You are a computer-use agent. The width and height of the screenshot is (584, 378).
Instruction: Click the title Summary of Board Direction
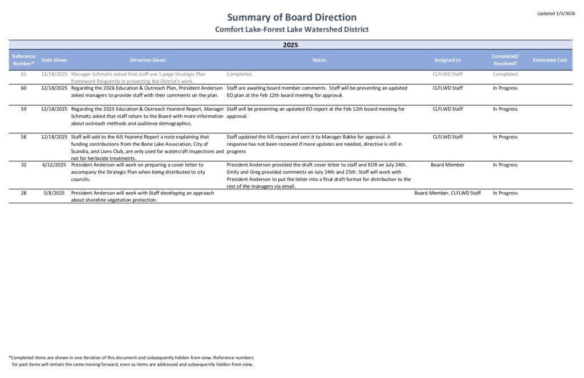click(291, 17)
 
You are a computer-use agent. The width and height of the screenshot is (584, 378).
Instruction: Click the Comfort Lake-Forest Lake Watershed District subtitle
click(291, 29)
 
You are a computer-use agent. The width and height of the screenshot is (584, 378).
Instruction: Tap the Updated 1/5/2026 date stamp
click(556, 13)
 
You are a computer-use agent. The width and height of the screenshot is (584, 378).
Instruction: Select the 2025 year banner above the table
click(291, 44)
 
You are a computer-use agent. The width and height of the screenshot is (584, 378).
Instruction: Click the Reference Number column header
click(23, 60)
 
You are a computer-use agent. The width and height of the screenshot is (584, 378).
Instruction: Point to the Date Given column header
click(54, 60)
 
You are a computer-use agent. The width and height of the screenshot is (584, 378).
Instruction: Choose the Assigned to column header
click(448, 60)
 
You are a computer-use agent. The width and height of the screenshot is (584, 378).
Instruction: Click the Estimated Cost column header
click(550, 60)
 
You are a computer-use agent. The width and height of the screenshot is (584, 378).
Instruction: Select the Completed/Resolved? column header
click(505, 60)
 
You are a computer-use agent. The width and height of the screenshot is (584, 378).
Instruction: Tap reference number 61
click(23, 74)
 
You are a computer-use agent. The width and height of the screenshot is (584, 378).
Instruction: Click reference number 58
click(23, 137)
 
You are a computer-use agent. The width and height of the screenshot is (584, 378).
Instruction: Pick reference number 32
click(23, 165)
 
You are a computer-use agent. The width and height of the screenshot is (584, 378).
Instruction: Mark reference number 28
click(23, 193)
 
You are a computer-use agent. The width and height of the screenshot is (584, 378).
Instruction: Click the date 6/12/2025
click(55, 165)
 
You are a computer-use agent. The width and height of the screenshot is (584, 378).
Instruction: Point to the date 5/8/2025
click(56, 193)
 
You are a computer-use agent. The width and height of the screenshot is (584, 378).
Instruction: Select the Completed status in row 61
click(505, 74)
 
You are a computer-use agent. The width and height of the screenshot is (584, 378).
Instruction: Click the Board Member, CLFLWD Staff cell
click(448, 193)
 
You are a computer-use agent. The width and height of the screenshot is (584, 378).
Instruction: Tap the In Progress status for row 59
click(505, 109)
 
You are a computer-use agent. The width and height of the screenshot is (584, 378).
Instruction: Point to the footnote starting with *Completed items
click(131, 361)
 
